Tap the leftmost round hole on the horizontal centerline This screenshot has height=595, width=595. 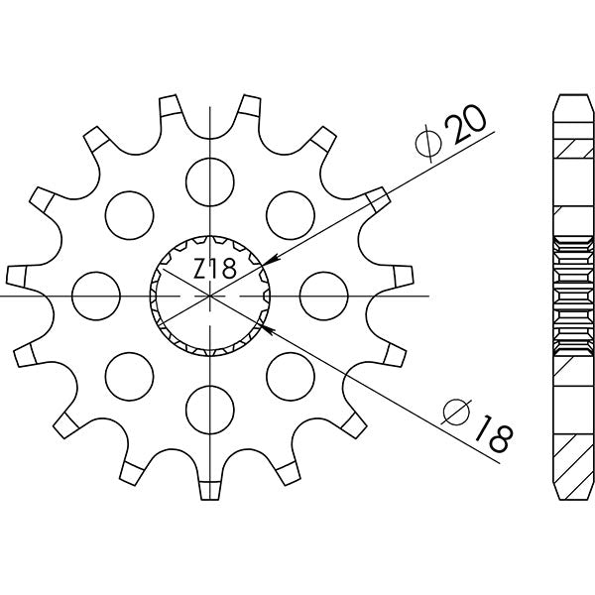pyautogui.click(x=96, y=295)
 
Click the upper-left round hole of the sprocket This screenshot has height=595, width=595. pyautogui.click(x=129, y=212)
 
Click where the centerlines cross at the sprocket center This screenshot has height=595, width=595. pyautogui.click(x=211, y=296)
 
